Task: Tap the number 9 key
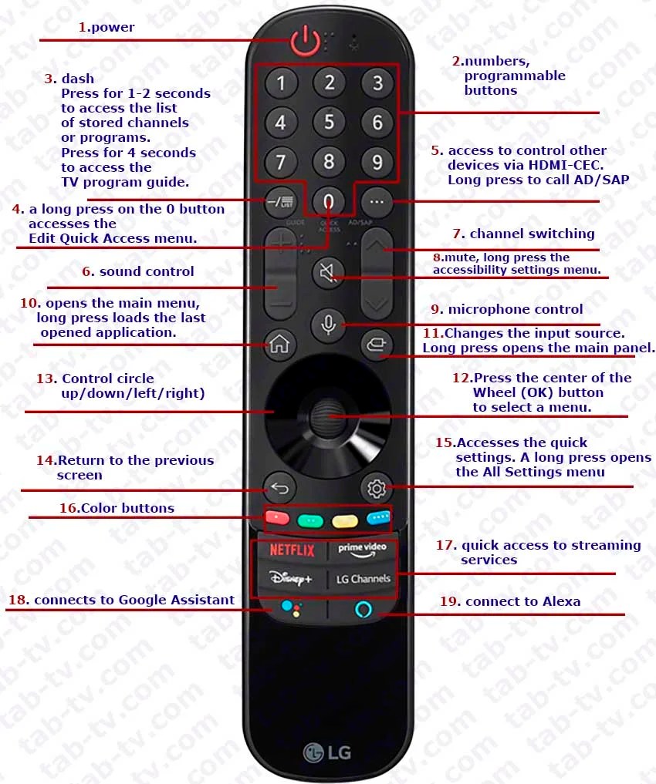(x=377, y=162)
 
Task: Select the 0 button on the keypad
(x=329, y=203)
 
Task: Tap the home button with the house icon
(x=279, y=344)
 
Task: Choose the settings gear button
(x=377, y=488)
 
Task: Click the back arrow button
(x=279, y=488)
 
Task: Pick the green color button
(x=310, y=520)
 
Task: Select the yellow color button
(x=344, y=520)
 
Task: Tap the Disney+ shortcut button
(x=291, y=578)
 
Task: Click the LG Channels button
(x=362, y=578)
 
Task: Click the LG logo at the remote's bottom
(x=327, y=750)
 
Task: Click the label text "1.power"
(x=107, y=27)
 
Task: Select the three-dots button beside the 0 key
(x=377, y=203)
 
